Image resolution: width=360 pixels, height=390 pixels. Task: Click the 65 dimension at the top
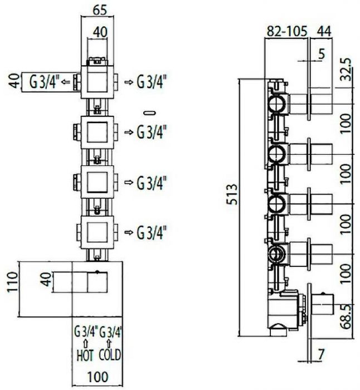[100, 9]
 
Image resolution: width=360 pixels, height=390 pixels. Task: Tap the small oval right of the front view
[148, 112]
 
